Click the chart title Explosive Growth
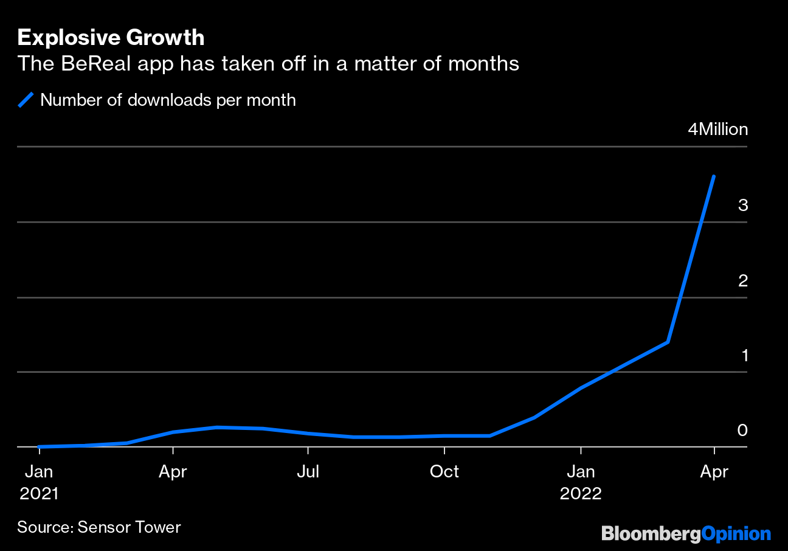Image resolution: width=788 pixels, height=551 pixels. coord(111,38)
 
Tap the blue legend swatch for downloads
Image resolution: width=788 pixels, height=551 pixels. coord(26,100)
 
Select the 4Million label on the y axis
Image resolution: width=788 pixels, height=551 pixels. coord(717,130)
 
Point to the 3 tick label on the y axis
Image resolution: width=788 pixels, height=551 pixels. coord(742,205)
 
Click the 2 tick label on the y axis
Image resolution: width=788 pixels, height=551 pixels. coord(742,280)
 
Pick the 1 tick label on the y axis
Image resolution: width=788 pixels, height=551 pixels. coord(744,356)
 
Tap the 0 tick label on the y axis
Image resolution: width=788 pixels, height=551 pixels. coord(742,431)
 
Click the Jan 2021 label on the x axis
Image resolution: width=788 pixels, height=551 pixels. coord(39,482)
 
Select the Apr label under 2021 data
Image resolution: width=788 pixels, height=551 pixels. coord(173,472)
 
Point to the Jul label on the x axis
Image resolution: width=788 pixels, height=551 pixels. coord(308,472)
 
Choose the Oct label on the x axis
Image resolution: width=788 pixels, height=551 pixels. coord(444,472)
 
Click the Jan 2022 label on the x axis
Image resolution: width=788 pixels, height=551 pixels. coord(581,482)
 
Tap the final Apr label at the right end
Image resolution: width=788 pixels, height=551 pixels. coord(714,472)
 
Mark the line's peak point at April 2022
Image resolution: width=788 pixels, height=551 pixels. coord(714,176)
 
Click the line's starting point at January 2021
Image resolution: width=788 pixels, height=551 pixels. coord(39,446)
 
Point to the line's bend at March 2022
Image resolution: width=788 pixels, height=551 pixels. coord(668,342)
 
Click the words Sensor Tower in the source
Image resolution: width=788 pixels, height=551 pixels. coord(130,527)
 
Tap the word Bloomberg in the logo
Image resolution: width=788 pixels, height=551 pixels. coord(651,534)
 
